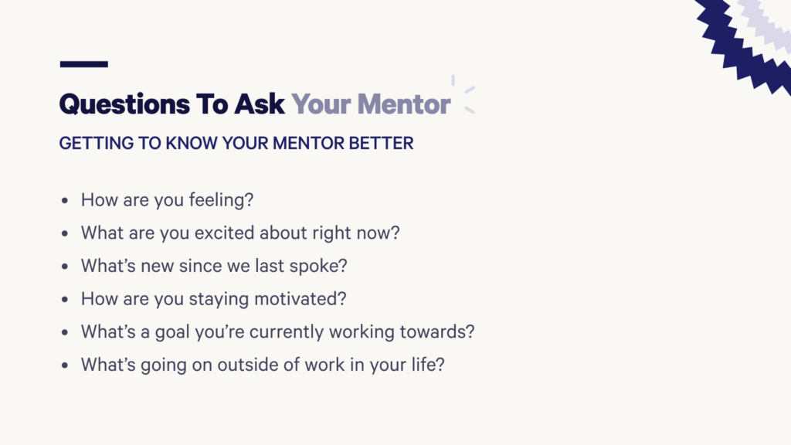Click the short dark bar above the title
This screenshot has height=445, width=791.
click(83, 64)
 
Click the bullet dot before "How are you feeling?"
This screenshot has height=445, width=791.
click(65, 201)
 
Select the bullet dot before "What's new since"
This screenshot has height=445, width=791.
click(65, 267)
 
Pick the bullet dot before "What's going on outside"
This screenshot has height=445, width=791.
click(65, 365)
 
